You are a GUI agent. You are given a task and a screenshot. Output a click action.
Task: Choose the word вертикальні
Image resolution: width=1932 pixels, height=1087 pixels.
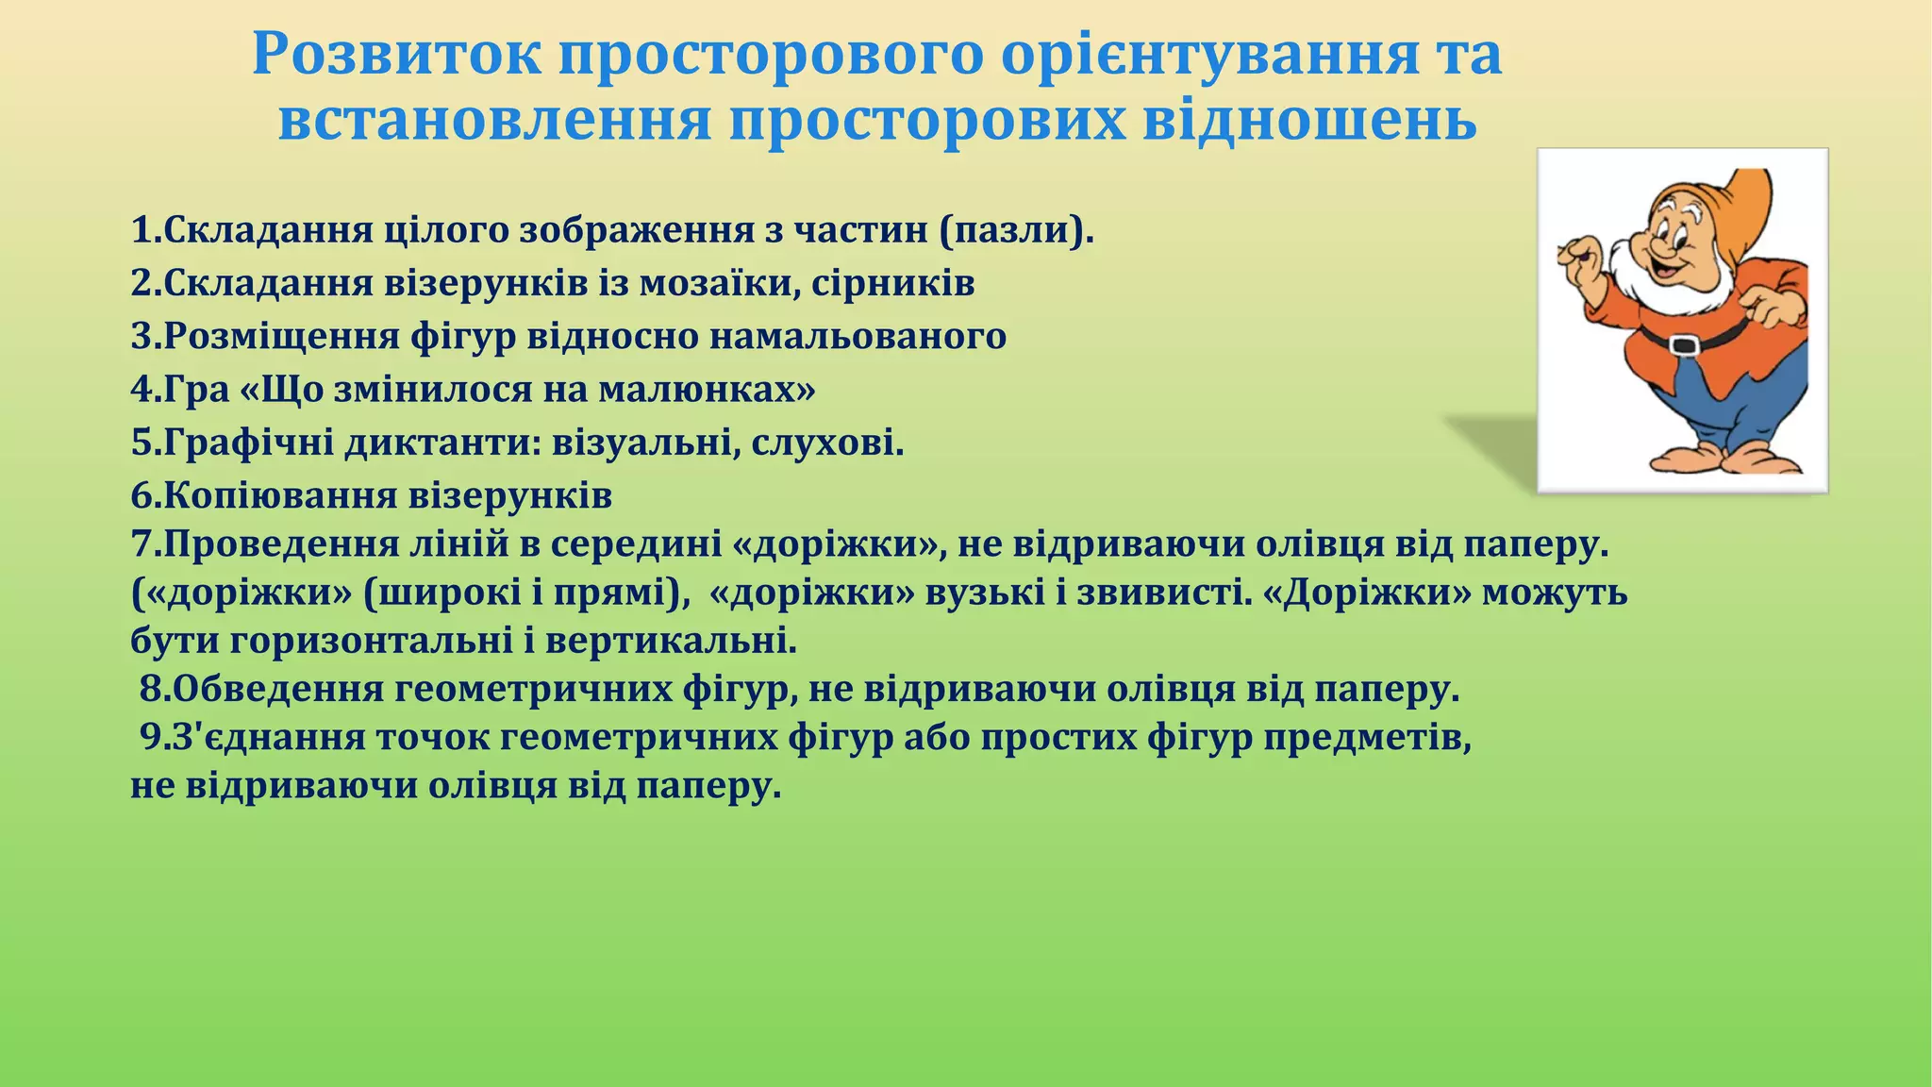coord(671,642)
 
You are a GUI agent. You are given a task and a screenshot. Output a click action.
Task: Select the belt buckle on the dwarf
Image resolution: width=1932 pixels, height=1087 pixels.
coord(1683,344)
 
